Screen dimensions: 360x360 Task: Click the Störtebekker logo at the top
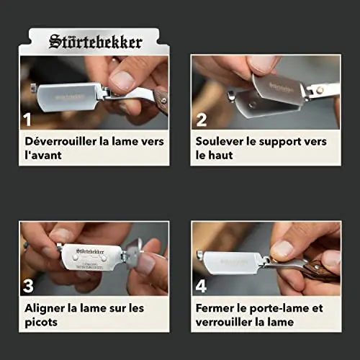click(96, 42)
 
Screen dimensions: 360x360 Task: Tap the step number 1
click(27, 120)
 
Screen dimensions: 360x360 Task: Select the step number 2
click(201, 120)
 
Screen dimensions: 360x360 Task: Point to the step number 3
click(28, 286)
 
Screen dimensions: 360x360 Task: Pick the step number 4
click(201, 286)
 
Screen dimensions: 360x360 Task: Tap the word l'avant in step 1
click(43, 155)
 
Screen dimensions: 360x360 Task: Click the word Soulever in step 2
click(220, 141)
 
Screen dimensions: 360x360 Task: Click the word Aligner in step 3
click(45, 308)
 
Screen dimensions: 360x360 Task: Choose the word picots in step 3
click(41, 323)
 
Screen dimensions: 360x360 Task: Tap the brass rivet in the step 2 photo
click(319, 90)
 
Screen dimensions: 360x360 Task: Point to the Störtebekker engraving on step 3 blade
click(90, 251)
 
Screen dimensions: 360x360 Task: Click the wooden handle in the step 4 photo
click(323, 271)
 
